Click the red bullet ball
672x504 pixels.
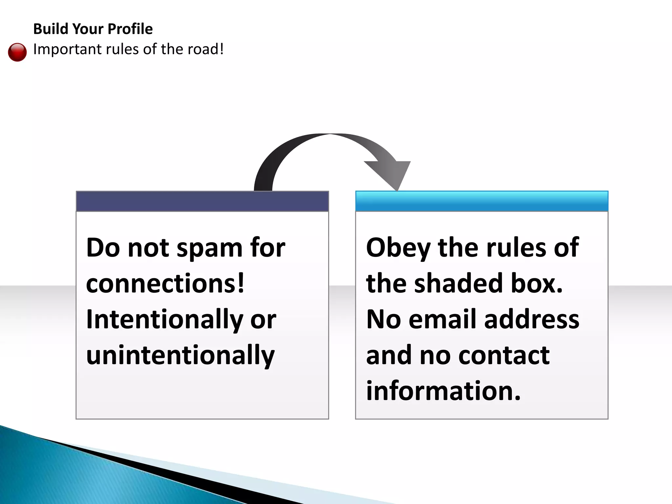pyautogui.click(x=17, y=52)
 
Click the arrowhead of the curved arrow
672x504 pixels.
pyautogui.click(x=390, y=172)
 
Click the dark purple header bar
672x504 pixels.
pyautogui.click(x=202, y=201)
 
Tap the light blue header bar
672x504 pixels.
pyautogui.click(x=482, y=201)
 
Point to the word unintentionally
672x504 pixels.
pyautogui.click(x=180, y=356)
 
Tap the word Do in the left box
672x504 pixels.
pyautogui.click(x=103, y=248)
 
